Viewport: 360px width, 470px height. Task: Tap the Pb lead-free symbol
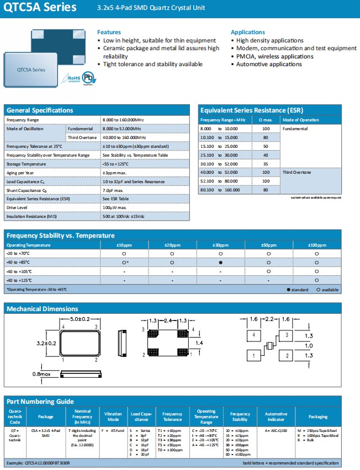[88, 79]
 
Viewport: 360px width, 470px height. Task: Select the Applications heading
[248, 33]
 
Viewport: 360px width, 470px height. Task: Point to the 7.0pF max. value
[116, 190]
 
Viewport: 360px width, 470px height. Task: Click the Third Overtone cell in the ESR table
[298, 173]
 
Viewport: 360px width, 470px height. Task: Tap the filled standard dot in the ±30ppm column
[220, 263]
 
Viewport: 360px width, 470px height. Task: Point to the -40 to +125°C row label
[19, 281]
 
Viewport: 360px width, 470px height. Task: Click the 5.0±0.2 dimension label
[80, 319]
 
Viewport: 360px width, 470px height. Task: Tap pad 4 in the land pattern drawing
[253, 335]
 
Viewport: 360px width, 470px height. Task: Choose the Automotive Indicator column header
[276, 416]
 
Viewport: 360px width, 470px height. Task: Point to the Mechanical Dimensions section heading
[42, 309]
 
